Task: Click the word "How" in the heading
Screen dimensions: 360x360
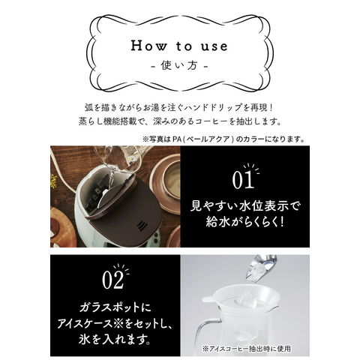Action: tap(148, 46)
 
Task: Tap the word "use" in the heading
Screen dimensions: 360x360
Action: tap(214, 46)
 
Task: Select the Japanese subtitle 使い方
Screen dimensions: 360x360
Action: tap(179, 65)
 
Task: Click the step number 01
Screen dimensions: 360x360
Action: tap(243, 180)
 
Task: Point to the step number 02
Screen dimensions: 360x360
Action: tap(113, 280)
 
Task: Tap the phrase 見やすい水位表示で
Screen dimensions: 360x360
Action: tap(244, 206)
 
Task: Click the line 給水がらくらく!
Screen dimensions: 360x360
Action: tap(244, 221)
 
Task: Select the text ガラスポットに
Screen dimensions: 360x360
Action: tap(115, 307)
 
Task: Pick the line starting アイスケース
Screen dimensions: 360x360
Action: tap(115, 323)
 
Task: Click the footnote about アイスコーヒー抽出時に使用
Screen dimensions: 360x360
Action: tap(247, 349)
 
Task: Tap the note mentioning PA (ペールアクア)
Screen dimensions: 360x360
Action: tap(223, 139)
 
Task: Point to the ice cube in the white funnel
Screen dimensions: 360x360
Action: tap(247, 301)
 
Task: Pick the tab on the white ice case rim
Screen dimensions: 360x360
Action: tap(208, 298)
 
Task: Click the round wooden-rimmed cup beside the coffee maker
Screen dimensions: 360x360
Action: tap(166, 183)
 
